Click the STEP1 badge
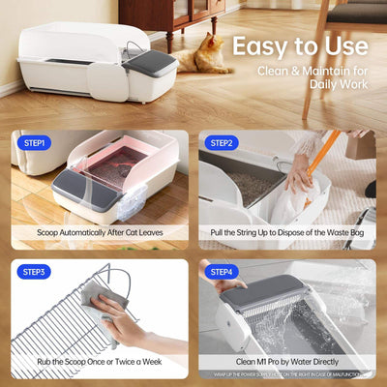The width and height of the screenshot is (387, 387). (35, 143)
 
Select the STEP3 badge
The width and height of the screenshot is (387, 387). (35, 272)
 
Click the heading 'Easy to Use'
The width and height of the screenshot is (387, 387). (298, 45)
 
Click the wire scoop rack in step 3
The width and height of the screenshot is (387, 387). (58, 319)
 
